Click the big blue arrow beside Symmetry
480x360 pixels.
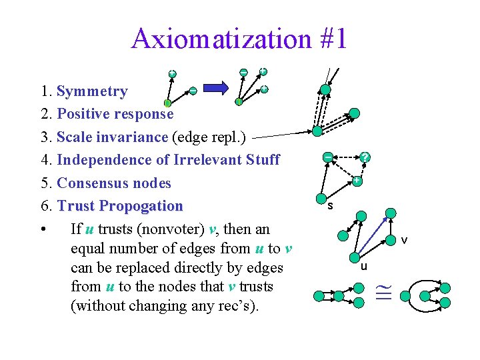click(215, 87)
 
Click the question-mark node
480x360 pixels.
click(365, 157)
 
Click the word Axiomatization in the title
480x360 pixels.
click(221, 39)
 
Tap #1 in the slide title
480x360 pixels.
click(329, 39)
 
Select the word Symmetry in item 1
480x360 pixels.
click(92, 91)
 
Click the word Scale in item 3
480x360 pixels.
click(75, 137)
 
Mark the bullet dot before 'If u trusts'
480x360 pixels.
click(42, 230)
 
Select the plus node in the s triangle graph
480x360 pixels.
click(357, 181)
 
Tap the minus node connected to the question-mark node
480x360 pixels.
click(327, 156)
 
